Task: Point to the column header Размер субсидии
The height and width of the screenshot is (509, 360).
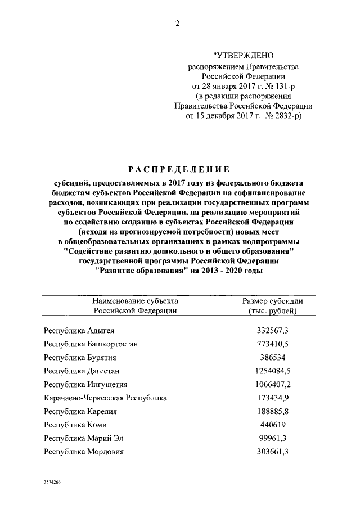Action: pos(273,300)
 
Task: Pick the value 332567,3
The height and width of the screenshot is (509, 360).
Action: pos(273,330)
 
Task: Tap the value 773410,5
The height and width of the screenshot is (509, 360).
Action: pos(273,344)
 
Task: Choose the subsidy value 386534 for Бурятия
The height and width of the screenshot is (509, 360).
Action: pos(273,357)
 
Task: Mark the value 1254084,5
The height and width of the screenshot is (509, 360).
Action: pos(273,371)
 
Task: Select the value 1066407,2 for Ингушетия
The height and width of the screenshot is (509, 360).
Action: pos(273,384)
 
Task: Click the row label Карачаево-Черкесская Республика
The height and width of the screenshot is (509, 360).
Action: pos(105,398)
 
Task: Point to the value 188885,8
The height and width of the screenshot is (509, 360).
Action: pos(273,411)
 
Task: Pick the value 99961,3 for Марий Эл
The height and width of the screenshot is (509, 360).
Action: pos(273,438)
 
